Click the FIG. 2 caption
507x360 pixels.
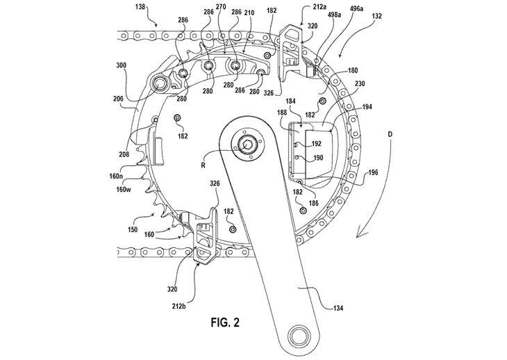click(x=225, y=322)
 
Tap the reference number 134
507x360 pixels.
click(x=338, y=308)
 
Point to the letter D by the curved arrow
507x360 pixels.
click(x=390, y=134)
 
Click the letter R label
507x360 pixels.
click(x=203, y=165)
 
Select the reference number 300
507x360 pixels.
click(x=121, y=65)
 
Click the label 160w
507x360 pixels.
click(x=124, y=189)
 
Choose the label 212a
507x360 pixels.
click(x=319, y=6)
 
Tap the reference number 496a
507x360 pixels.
click(x=356, y=9)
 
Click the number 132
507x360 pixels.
click(x=376, y=16)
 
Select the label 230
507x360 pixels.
click(x=360, y=84)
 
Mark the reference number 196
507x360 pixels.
click(x=373, y=172)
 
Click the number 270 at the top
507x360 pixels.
click(x=221, y=7)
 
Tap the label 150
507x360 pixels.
click(x=133, y=230)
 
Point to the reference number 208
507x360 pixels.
click(x=124, y=154)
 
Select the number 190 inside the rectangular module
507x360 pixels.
click(x=318, y=158)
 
